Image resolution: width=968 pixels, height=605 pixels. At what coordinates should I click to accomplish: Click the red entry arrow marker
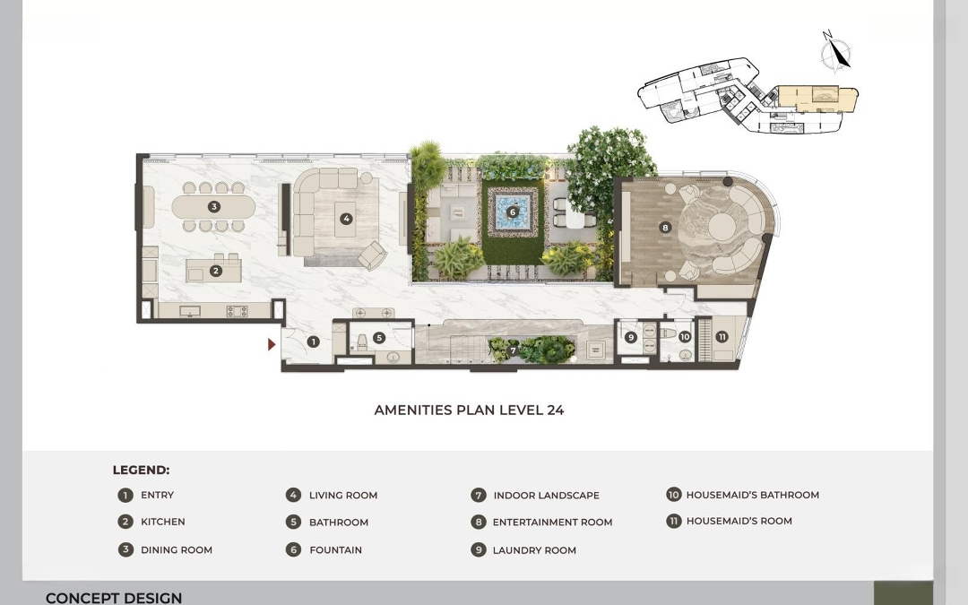271,344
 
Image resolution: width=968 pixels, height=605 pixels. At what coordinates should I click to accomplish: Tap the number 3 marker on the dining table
213,207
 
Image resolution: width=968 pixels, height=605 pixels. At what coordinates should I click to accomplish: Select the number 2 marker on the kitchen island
215,271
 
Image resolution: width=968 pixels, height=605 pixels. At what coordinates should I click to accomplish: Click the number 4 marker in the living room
346,218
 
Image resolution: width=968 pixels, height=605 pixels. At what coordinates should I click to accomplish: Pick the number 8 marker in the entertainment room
665,227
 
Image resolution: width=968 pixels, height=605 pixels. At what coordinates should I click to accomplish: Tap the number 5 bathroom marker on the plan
379,338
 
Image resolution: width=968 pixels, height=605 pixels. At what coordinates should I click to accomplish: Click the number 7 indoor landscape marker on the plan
513,350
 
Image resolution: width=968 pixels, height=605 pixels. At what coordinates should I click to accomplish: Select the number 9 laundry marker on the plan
630,337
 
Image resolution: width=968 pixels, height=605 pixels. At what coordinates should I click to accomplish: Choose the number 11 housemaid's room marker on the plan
722,336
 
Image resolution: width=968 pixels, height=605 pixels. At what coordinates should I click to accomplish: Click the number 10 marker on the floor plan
685,337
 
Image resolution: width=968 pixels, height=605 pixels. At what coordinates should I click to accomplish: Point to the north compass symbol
836,50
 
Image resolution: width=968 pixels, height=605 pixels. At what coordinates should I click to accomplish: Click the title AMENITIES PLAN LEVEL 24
469,410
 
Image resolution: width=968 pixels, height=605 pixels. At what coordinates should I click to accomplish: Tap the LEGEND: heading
141,470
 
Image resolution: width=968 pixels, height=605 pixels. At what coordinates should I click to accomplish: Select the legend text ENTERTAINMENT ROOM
552,523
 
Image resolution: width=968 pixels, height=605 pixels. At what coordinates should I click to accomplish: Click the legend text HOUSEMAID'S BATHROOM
753,495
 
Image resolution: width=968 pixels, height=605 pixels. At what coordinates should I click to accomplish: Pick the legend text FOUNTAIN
336,550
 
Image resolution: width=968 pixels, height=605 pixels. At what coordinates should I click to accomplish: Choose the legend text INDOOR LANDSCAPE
547,495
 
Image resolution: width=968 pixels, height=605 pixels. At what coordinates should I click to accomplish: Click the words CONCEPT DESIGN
114,598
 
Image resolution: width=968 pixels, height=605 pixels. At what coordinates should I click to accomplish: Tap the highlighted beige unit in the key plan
815,99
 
